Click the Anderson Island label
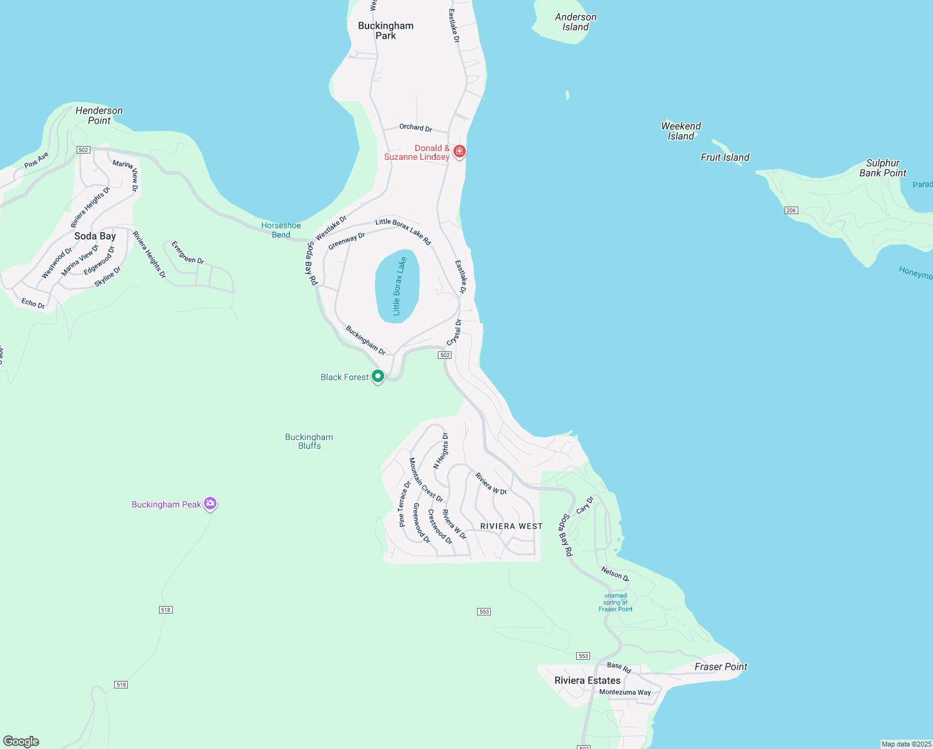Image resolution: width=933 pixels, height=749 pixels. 575,22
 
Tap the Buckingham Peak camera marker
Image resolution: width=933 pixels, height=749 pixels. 210,504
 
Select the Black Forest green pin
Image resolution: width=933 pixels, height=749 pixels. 377,376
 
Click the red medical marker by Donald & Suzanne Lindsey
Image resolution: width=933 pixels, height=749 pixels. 460,151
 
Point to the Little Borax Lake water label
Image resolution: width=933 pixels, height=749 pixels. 397,286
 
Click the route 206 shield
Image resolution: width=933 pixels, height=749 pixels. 791,210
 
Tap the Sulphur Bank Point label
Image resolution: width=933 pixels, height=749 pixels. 882,168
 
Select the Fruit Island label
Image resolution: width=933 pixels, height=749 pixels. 725,157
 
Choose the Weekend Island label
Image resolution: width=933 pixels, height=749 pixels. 681,131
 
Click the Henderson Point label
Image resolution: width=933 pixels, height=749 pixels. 99,115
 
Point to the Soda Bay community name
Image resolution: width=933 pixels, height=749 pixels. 95,236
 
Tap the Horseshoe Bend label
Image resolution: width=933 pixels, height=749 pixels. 281,230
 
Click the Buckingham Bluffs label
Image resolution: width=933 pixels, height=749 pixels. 309,441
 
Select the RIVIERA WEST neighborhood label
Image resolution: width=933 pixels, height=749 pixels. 511,526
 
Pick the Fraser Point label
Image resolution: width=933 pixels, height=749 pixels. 721,667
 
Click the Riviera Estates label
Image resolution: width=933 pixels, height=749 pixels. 587,680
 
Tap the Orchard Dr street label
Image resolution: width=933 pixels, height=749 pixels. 416,127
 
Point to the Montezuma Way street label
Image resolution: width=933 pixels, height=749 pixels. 625,692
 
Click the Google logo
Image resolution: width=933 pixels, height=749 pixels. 21,742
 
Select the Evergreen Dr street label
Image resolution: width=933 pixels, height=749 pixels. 187,253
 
